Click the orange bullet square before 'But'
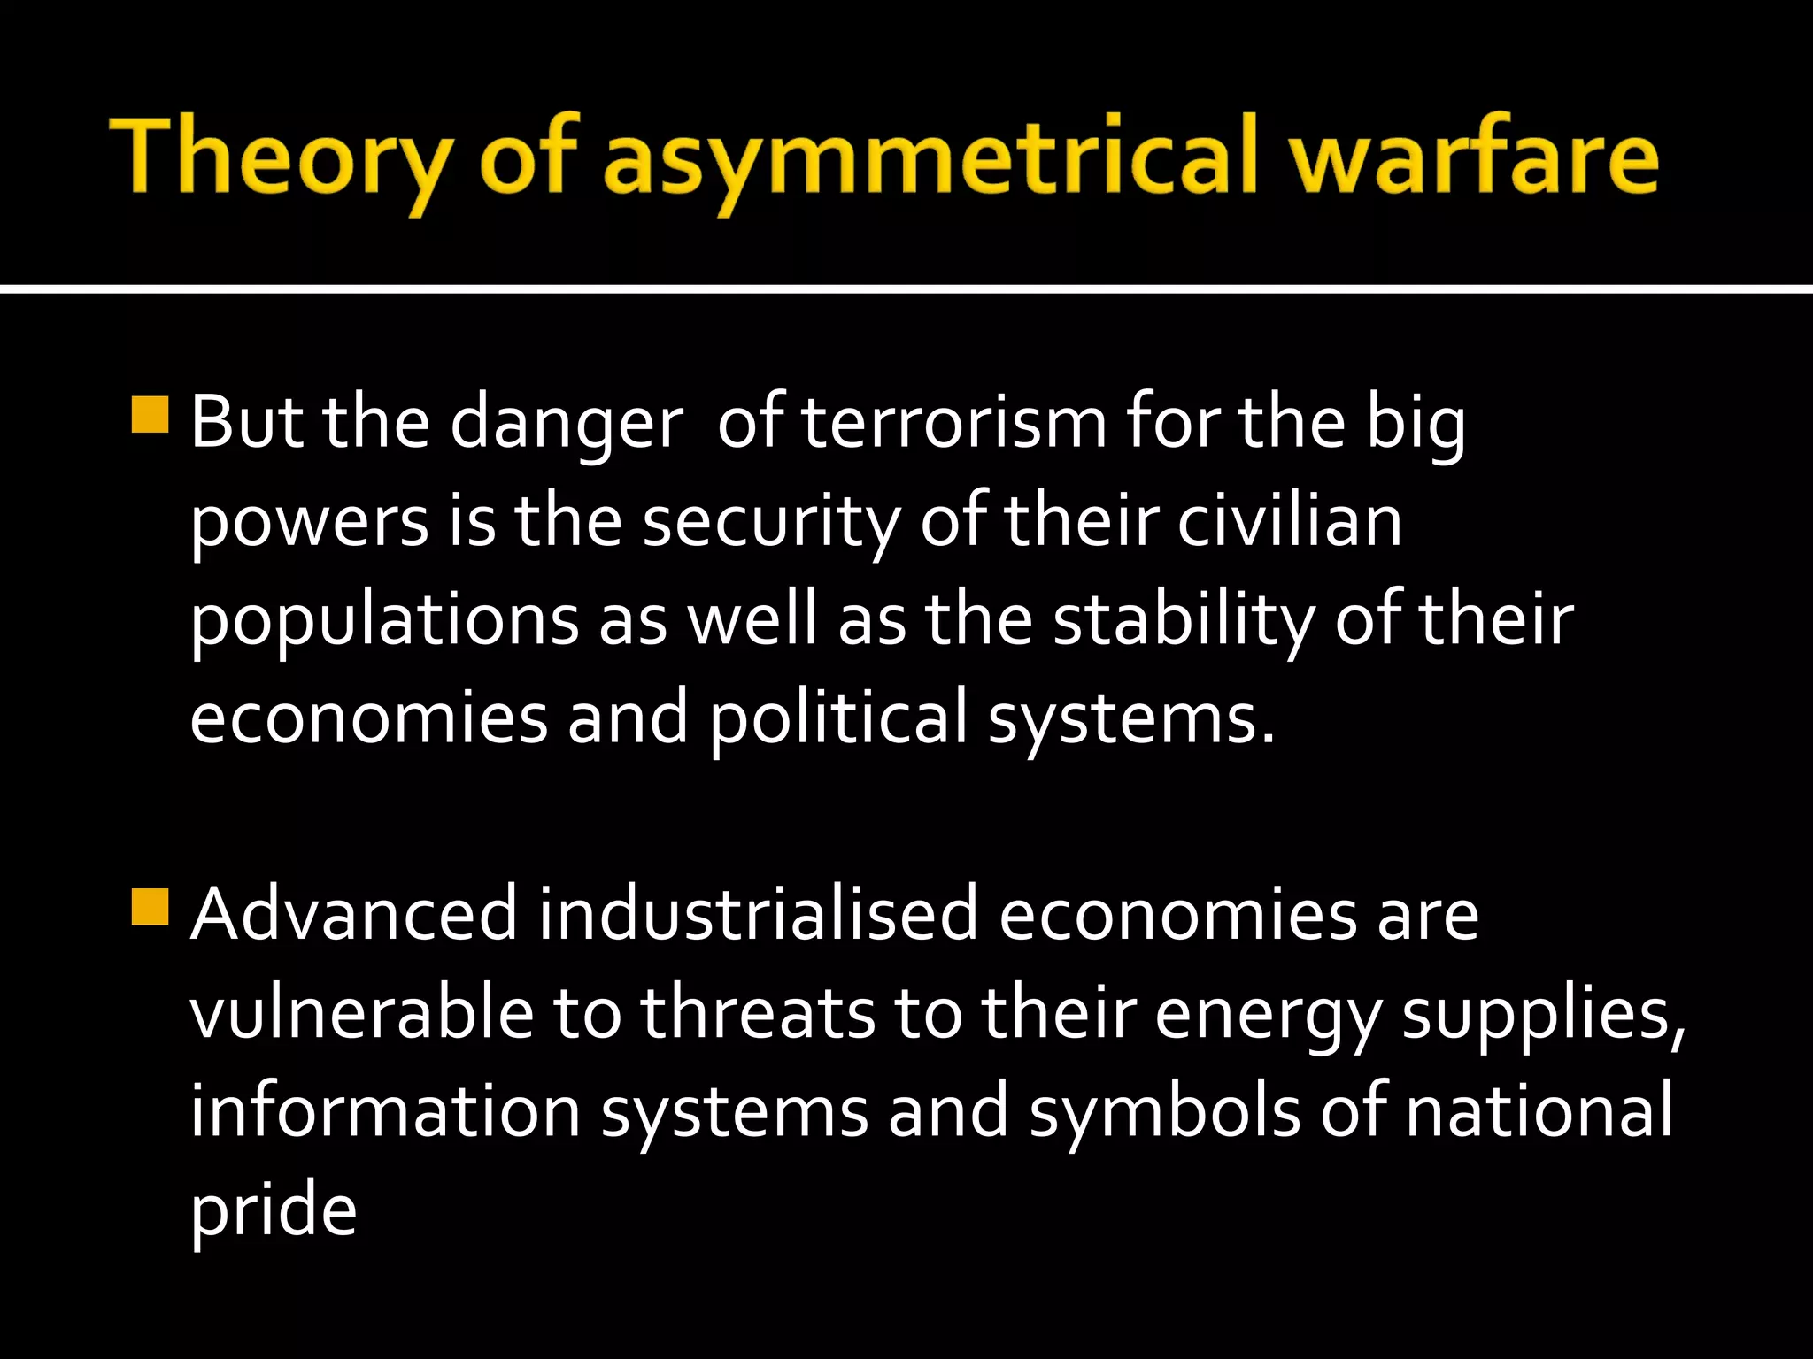click(x=150, y=414)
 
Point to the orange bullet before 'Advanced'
click(x=150, y=906)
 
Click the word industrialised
click(x=758, y=915)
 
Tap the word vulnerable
click(x=361, y=1012)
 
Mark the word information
click(x=384, y=1111)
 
